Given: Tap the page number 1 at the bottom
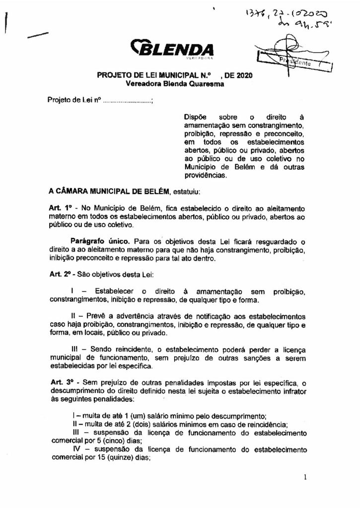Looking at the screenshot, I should click(x=306, y=477).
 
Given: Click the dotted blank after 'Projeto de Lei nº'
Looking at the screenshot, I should click(x=128, y=100).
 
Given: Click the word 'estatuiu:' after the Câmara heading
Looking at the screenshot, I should click(x=186, y=191).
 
